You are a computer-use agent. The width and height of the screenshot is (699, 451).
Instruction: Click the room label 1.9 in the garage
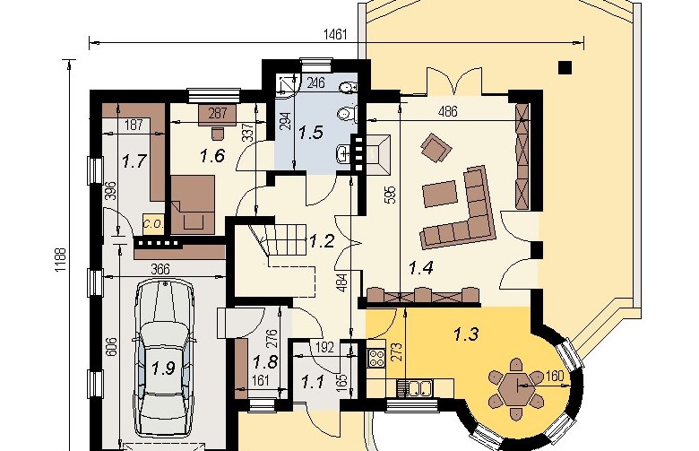click(163, 369)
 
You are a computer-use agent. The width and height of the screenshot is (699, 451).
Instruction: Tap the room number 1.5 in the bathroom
click(310, 133)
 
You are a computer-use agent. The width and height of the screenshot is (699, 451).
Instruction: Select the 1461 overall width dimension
click(335, 34)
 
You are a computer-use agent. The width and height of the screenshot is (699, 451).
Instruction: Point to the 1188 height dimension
click(61, 261)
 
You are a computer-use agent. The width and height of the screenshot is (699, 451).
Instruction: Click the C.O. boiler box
click(154, 224)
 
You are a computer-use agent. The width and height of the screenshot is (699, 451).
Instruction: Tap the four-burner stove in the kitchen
click(376, 358)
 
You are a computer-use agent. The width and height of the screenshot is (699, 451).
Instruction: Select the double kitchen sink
click(414, 387)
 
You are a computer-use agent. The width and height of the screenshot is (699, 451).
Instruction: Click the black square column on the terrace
click(565, 67)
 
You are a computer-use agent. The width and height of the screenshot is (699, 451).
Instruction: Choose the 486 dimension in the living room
click(447, 111)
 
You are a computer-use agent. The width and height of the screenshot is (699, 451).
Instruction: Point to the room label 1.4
click(421, 268)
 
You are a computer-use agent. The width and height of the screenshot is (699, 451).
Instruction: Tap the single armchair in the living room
click(436, 147)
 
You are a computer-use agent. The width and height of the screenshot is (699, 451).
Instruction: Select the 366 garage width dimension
click(160, 270)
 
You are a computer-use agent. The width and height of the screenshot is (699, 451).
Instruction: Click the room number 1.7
click(134, 160)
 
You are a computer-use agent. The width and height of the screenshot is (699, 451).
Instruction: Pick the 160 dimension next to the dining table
click(554, 376)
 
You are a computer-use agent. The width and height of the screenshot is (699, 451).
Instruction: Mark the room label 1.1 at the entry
click(313, 382)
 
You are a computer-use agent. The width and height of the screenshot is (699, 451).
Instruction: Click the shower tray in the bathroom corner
click(287, 83)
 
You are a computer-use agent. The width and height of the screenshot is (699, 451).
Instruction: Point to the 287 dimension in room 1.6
click(218, 113)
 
